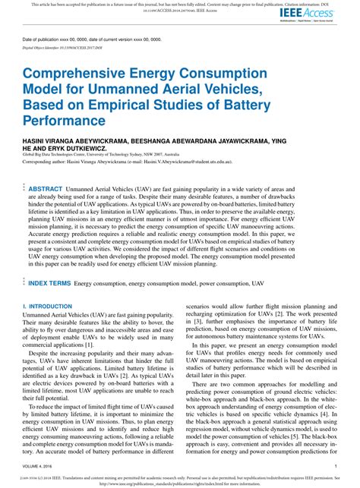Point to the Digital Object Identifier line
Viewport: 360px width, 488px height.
[72, 46]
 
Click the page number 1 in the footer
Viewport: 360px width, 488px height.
[336, 468]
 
